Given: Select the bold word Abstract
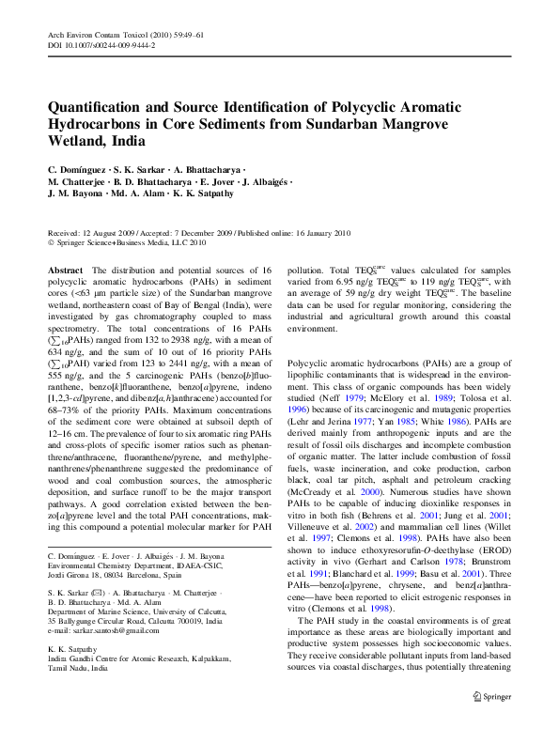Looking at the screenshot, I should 64,270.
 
